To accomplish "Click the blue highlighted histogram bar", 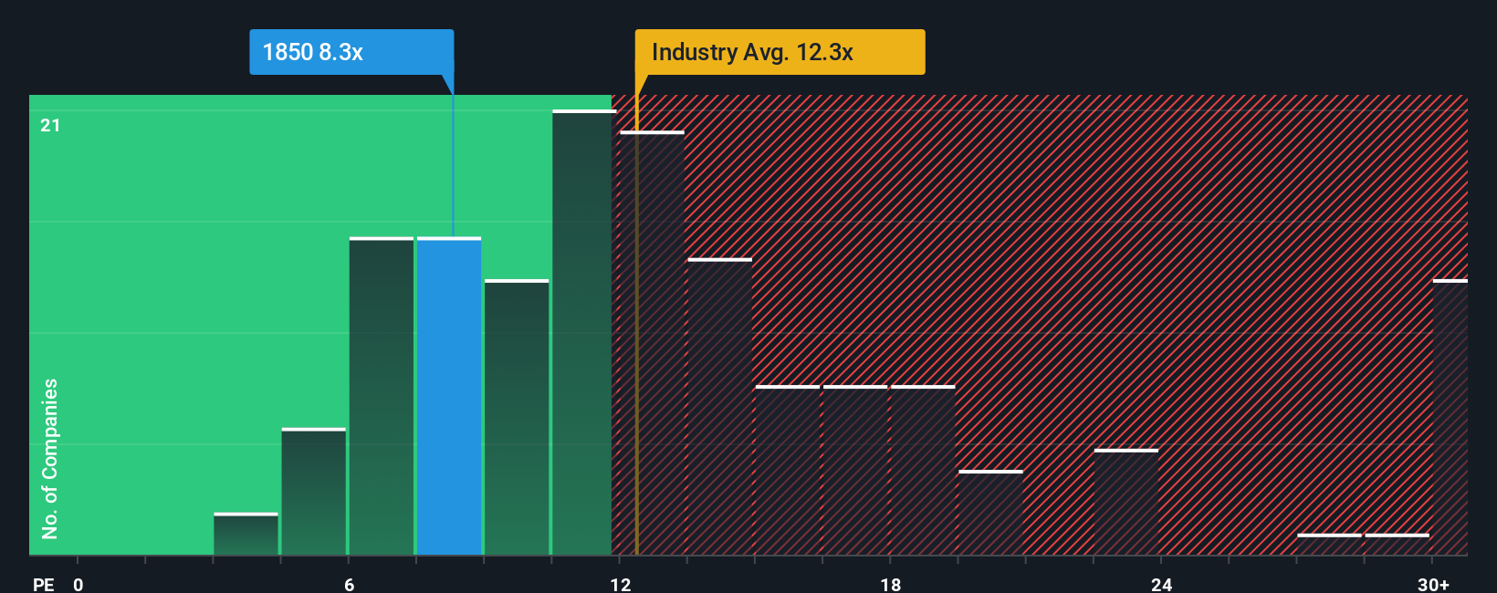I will point(449,397).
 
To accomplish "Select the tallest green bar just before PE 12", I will point(582,333).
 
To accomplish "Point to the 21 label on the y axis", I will point(50,126).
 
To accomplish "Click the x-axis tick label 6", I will point(349,584).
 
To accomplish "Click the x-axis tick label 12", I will point(621,584).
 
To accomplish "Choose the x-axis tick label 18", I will point(890,584).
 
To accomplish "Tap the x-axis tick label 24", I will point(1161,584).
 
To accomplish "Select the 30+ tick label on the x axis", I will point(1433,584).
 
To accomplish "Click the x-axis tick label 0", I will point(79,584).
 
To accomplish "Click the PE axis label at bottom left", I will point(43,584).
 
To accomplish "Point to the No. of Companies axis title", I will point(50,458).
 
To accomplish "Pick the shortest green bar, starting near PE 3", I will point(246,535).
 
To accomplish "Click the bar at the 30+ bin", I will point(1450,418).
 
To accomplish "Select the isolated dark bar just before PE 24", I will point(1126,502).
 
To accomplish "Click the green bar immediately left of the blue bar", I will point(382,397).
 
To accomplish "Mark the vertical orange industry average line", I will point(636,347).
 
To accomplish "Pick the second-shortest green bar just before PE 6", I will point(314,493).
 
